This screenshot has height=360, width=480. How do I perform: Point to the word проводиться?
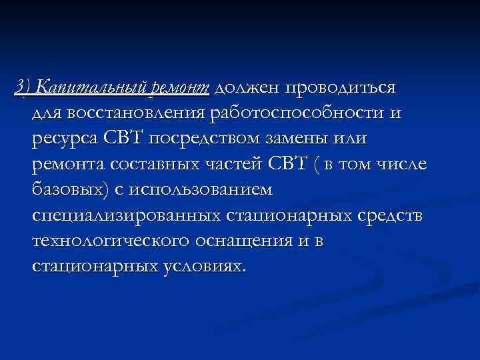(x=340, y=88)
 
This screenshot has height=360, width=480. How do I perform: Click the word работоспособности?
(x=297, y=114)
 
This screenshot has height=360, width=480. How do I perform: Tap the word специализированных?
(x=126, y=216)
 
